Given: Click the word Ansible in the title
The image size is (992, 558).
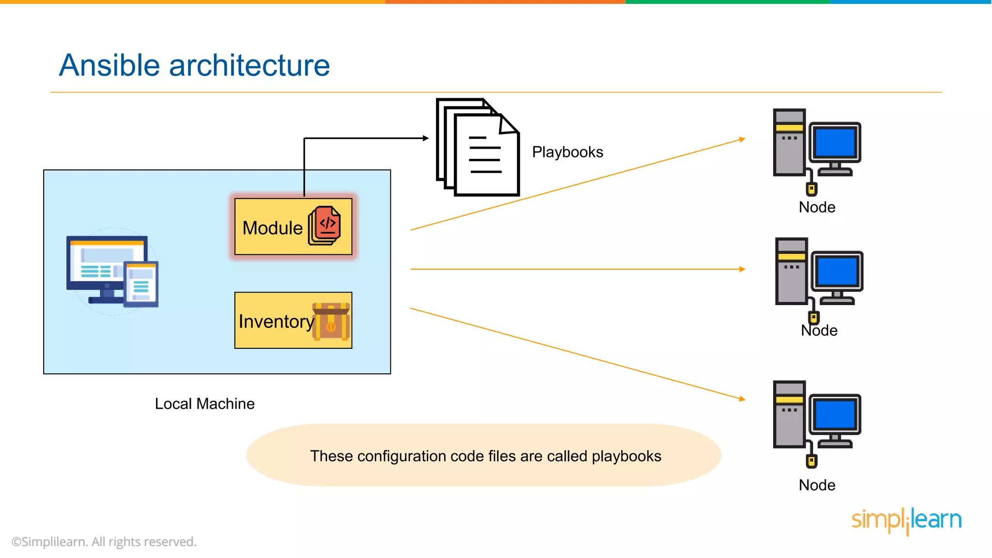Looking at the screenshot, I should pyautogui.click(x=109, y=65).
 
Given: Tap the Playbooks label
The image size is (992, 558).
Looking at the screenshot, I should pyautogui.click(x=567, y=152).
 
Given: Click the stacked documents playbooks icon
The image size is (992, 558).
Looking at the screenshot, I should pyautogui.click(x=478, y=148).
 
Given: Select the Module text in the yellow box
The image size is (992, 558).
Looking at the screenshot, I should pyautogui.click(x=272, y=228).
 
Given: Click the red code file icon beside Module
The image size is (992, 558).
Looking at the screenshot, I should pyautogui.click(x=325, y=225).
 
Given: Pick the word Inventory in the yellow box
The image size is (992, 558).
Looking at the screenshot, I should pyautogui.click(x=276, y=322).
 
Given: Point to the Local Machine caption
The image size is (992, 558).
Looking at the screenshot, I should pyautogui.click(x=204, y=404).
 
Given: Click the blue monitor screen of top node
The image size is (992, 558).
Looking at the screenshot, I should pyautogui.click(x=836, y=142).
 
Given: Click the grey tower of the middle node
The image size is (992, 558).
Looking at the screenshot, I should pyautogui.click(x=791, y=271).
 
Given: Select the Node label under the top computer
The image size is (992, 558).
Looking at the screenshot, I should pyautogui.click(x=817, y=207).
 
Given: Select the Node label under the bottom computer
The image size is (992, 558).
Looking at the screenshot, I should pyautogui.click(x=817, y=485).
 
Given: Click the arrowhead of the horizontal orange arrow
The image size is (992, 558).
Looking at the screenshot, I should pyautogui.click(x=742, y=269).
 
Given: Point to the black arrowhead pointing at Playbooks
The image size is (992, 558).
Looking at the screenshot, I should pyautogui.click(x=426, y=139).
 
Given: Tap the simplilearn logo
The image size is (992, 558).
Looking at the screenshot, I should pyautogui.click(x=906, y=520).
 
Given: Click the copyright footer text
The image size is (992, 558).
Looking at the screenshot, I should pyautogui.click(x=104, y=542).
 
